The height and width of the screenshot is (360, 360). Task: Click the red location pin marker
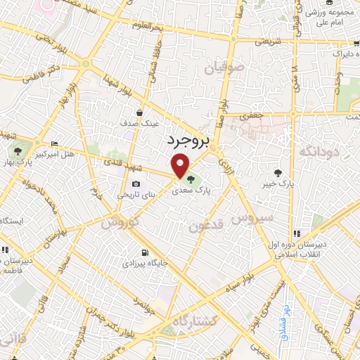(181, 167)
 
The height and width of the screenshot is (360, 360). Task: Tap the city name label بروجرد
(188, 141)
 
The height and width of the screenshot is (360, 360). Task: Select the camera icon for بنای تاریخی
(136, 184)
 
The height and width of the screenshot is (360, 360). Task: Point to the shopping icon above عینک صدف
(141, 112)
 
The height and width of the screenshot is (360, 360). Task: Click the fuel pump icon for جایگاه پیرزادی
(144, 253)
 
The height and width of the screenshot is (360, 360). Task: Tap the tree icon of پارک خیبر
(279, 172)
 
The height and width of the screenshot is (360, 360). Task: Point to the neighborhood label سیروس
(257, 218)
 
